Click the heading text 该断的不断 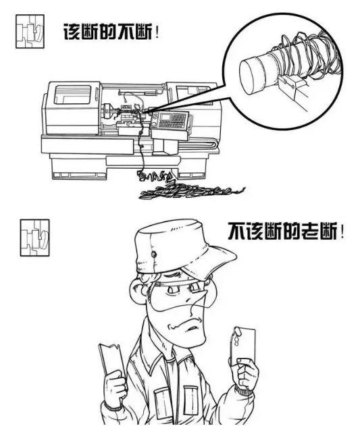click(x=107, y=33)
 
